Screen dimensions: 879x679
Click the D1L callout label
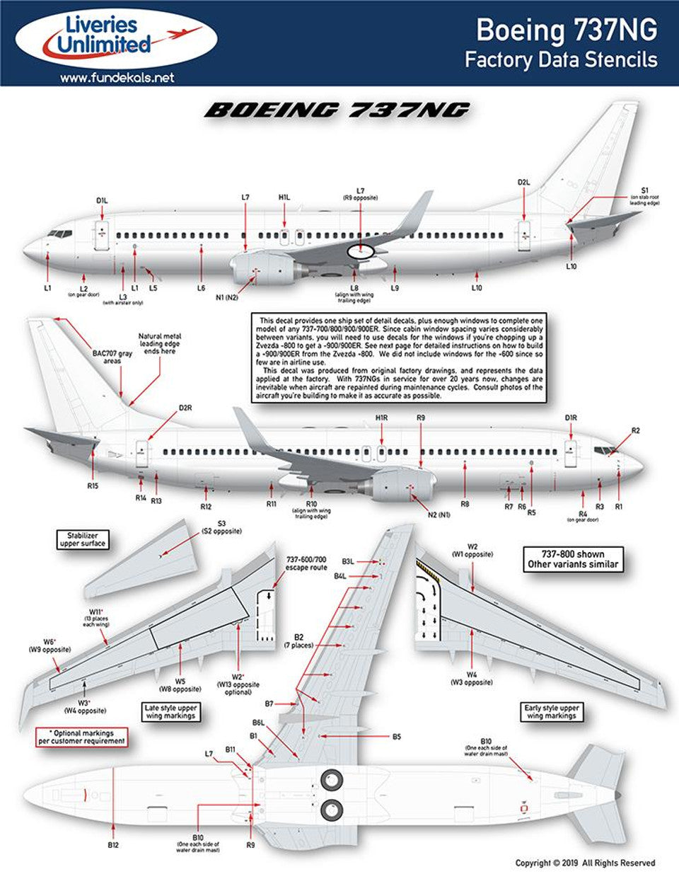click(103, 201)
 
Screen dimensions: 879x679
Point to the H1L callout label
click(284, 197)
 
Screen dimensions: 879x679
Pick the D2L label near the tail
click(523, 183)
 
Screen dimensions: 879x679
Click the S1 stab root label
click(644, 190)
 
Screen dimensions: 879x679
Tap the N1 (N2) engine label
click(227, 298)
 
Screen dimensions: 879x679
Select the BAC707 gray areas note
click(112, 357)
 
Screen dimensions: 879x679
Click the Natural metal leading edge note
click(159, 343)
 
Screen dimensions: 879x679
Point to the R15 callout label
click(93, 486)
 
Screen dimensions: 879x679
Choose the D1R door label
click(571, 418)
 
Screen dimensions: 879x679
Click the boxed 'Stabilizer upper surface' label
click(83, 539)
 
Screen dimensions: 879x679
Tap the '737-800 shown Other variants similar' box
click(573, 559)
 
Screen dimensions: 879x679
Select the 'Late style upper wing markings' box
click(170, 712)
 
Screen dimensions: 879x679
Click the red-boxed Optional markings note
click(83, 737)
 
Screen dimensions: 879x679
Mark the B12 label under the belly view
click(113, 845)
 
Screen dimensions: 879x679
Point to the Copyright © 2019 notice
click(585, 863)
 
